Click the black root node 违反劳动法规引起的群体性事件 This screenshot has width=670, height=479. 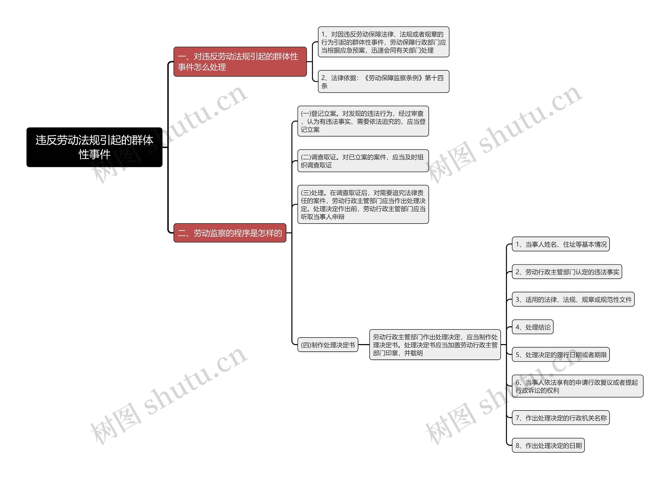click(x=94, y=147)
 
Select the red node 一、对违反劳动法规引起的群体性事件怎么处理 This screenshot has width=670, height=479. click(x=240, y=62)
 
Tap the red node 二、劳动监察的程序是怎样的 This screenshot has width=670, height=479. click(x=230, y=233)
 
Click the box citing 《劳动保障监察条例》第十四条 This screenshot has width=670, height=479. click(x=383, y=82)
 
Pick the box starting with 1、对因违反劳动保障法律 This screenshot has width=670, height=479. click(x=383, y=42)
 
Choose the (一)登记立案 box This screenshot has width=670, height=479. click(x=363, y=121)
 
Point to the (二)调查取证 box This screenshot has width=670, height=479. click(x=363, y=161)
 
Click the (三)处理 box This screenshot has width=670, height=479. click(x=363, y=204)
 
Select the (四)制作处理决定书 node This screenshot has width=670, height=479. click(x=328, y=345)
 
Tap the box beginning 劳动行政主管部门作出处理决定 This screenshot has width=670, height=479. click(x=435, y=345)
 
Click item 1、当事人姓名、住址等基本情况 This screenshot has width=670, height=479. click(x=561, y=244)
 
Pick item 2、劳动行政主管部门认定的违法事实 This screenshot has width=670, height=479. click(x=567, y=272)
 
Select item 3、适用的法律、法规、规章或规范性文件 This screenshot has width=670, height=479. click(x=573, y=300)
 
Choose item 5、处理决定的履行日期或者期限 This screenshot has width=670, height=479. click(x=561, y=355)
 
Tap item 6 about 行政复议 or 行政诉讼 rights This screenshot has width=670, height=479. click(x=577, y=386)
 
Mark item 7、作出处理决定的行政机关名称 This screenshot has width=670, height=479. click(x=561, y=418)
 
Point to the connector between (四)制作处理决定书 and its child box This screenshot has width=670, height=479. click(x=364, y=345)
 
